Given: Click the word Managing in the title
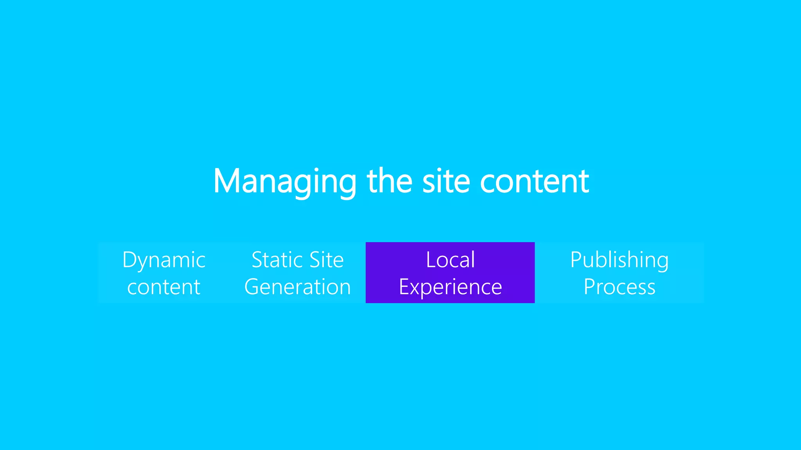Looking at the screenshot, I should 285,182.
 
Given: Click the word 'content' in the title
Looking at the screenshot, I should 534,182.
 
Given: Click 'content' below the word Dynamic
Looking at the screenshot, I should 164,287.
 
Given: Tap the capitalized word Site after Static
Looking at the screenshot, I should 326,260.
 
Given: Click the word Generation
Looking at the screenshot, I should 298,287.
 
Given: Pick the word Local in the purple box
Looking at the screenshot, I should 450,260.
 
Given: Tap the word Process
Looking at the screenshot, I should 620,287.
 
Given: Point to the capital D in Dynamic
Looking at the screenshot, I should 130,260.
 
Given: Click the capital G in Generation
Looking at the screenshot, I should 253,287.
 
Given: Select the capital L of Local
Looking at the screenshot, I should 431,260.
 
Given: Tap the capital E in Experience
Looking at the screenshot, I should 404,287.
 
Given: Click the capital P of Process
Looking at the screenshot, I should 589,287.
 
